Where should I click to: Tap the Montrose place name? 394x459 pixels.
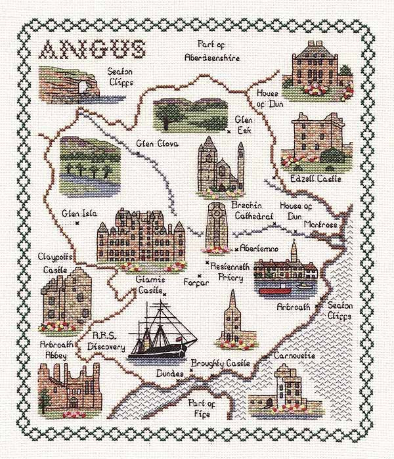click(320, 225)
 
